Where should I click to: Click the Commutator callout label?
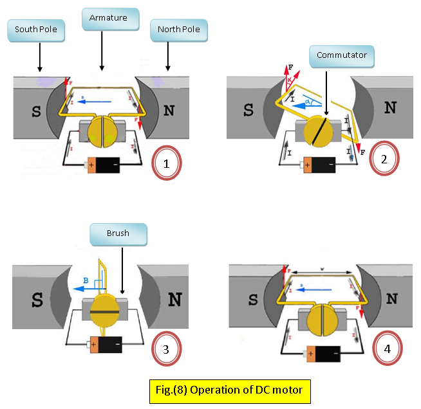(x=342, y=55)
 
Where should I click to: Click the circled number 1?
(x=166, y=163)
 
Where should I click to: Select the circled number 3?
(x=166, y=349)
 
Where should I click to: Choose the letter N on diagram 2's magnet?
(x=389, y=108)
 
